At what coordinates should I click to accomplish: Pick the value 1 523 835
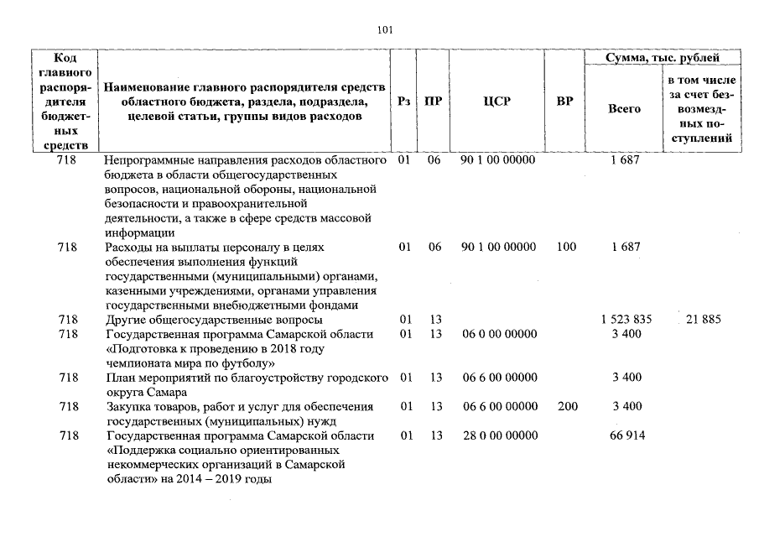click(626, 320)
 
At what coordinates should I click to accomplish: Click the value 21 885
click(704, 320)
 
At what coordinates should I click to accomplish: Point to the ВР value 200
click(567, 406)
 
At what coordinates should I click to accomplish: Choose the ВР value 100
click(567, 248)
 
